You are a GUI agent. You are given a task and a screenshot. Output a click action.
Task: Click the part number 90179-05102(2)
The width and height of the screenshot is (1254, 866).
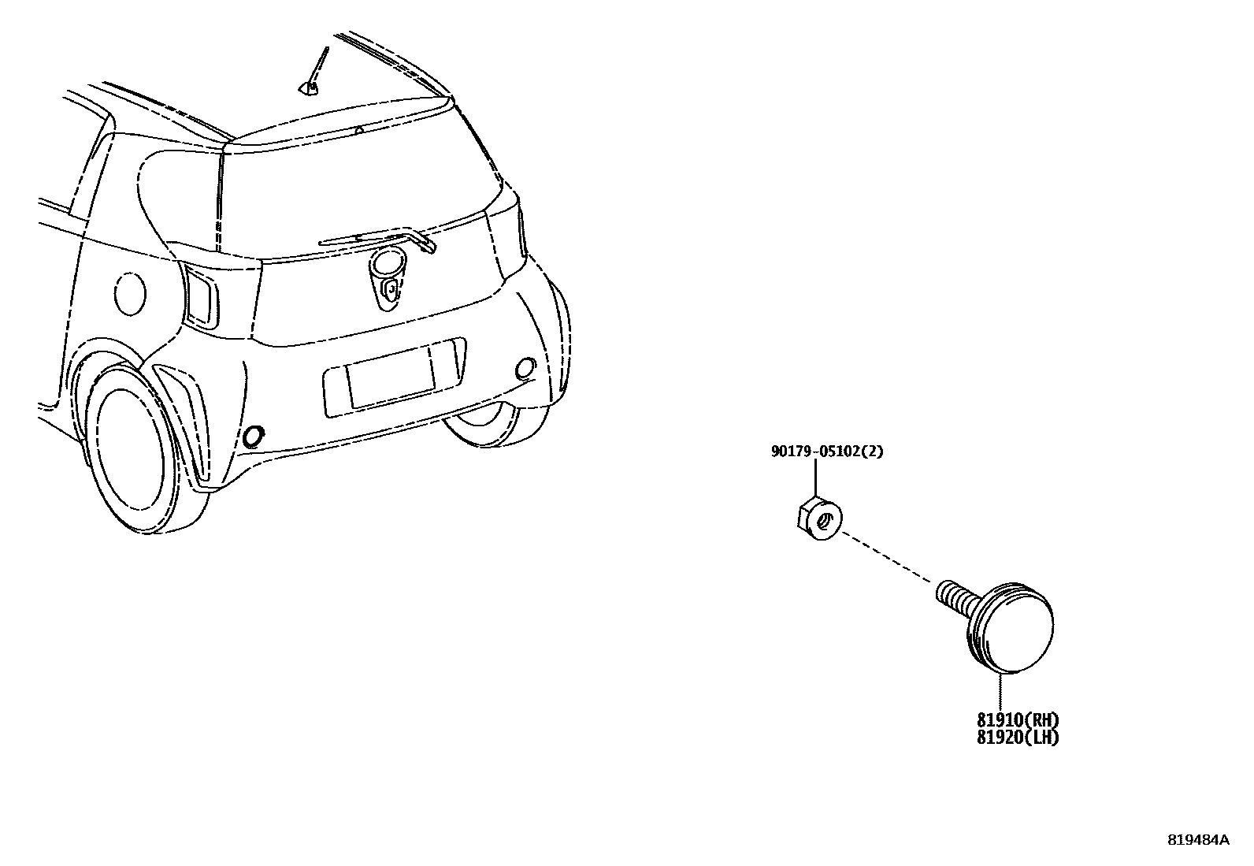pos(827,452)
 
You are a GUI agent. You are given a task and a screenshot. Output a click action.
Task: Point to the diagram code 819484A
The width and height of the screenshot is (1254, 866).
pos(1197,840)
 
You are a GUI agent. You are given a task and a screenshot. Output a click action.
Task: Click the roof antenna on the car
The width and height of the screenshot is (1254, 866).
pos(317,72)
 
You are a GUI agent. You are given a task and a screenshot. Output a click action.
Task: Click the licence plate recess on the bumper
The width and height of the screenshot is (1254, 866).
pos(394,377)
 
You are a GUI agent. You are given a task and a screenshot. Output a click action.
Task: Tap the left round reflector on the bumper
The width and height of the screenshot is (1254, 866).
pos(254,436)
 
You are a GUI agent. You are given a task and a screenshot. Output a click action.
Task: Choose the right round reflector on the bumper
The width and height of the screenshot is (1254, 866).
pos(525,366)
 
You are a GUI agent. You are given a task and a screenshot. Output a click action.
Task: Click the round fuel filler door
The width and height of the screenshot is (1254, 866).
pos(130,293)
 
